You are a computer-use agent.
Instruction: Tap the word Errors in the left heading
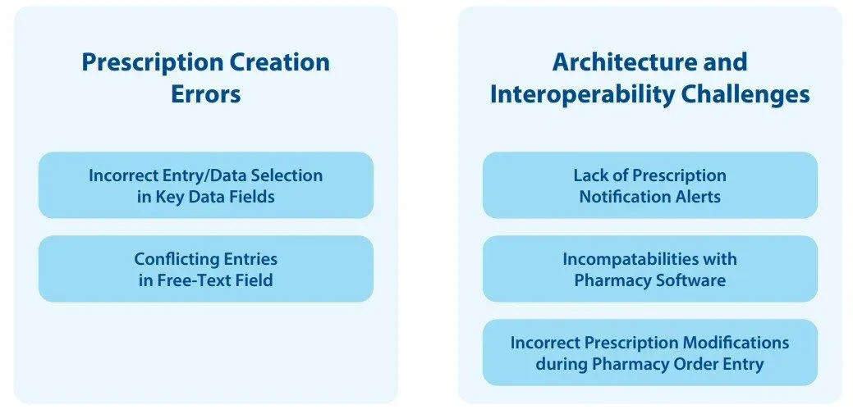(205, 93)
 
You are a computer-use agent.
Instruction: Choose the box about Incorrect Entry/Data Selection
(205, 185)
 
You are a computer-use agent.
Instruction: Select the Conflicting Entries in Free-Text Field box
(205, 269)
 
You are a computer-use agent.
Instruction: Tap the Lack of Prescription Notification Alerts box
(649, 185)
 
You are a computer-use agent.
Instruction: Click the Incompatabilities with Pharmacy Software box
(649, 269)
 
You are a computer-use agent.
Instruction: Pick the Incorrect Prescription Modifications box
(649, 353)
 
